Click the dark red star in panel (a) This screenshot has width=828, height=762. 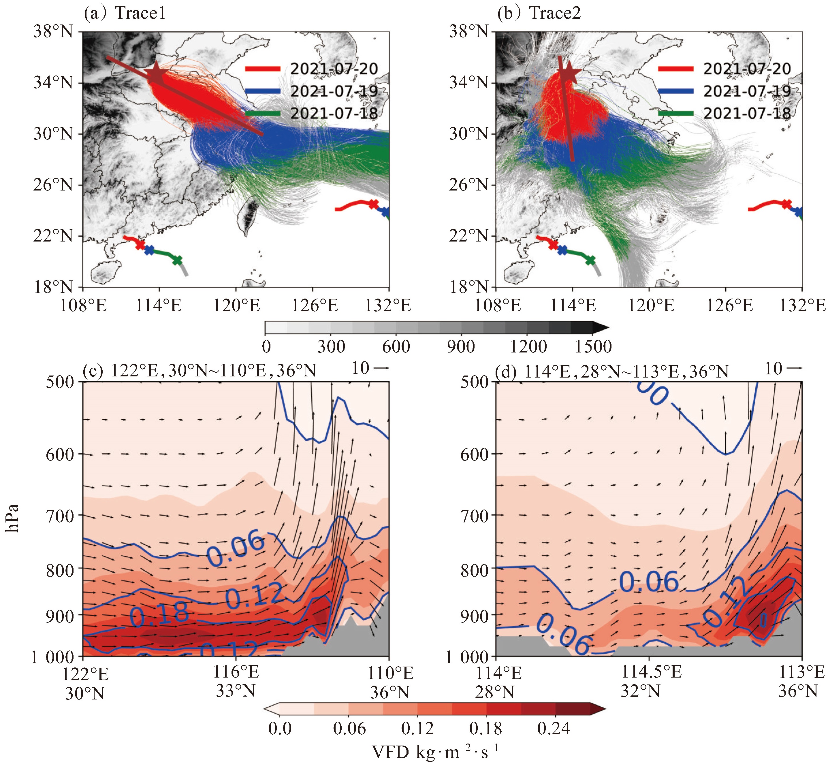[157, 74]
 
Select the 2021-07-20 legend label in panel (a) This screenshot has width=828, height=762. [334, 69]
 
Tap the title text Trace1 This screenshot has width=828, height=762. [140, 13]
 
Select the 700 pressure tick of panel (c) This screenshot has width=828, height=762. [60, 515]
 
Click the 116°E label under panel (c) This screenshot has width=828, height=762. [236, 672]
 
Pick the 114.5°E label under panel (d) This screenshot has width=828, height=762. [651, 672]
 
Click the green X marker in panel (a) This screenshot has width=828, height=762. [177, 260]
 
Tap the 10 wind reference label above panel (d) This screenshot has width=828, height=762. [773, 368]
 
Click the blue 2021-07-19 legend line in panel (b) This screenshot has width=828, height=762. [675, 91]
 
